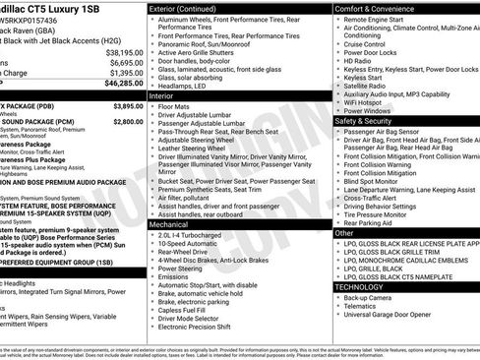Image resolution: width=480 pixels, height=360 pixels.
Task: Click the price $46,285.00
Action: [x=117, y=86]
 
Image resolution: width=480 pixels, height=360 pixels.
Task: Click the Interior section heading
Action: [x=161, y=95]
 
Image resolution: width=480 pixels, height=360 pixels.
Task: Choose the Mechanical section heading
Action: [x=169, y=224]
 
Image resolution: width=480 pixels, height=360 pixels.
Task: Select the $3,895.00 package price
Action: [x=123, y=105]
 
